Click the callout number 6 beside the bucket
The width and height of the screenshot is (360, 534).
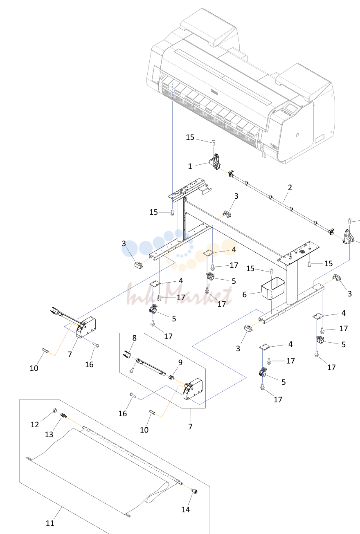click(x=244, y=295)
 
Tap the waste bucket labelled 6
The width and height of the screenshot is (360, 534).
click(x=273, y=288)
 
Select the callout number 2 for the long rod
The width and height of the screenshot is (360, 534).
click(x=290, y=187)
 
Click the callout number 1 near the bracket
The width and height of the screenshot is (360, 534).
click(x=190, y=166)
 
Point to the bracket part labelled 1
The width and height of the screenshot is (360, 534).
click(x=215, y=162)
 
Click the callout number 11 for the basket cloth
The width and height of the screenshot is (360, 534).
click(x=50, y=523)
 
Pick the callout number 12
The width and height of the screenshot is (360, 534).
click(x=35, y=424)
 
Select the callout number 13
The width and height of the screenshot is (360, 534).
click(x=49, y=434)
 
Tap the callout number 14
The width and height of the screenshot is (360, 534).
click(x=186, y=509)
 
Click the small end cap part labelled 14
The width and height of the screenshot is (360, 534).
click(x=194, y=491)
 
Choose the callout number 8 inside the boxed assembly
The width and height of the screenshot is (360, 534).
click(x=134, y=338)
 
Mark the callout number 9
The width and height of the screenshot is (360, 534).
click(x=180, y=362)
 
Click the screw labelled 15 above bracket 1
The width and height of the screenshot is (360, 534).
click(x=214, y=142)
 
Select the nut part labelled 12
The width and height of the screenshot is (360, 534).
click(x=55, y=410)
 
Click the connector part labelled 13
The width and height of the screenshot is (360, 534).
click(x=63, y=415)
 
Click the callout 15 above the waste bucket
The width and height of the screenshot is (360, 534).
click(x=250, y=268)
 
